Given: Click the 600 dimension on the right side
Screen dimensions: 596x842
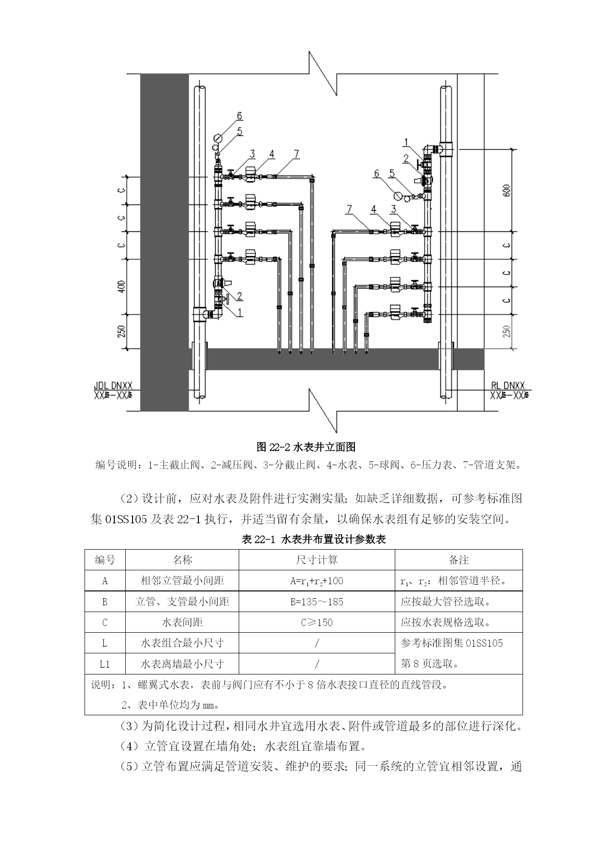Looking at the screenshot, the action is click(508, 191).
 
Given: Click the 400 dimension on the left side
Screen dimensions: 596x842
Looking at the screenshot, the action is click(122, 287).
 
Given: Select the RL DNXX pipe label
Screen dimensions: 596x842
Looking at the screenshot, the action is click(508, 385).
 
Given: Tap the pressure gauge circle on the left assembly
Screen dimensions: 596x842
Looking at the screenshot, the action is click(218, 138).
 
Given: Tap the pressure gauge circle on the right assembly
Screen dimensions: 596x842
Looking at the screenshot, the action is click(398, 196).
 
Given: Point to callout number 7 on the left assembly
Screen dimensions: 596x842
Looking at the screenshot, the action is click(297, 154).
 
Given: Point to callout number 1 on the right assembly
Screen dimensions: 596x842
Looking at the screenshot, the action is click(406, 142).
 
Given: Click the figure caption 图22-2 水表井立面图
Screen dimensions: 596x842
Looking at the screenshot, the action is click(306, 447).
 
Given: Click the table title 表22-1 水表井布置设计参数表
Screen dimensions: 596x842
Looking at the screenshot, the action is click(314, 540).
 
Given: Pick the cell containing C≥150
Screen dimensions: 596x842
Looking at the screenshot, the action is click(317, 623).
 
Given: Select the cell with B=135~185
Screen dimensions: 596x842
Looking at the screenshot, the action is click(317, 602).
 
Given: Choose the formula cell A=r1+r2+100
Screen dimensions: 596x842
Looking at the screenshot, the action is click(317, 581).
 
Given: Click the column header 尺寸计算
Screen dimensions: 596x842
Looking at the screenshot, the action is click(317, 560).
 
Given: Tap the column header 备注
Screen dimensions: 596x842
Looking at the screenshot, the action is click(459, 560).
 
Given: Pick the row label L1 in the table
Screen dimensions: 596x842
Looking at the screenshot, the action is click(105, 664).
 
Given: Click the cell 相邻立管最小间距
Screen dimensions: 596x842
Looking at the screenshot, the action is click(182, 581).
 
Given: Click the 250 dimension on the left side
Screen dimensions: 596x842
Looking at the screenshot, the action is click(122, 332).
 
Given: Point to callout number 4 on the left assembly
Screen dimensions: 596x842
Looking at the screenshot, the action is click(272, 154).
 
